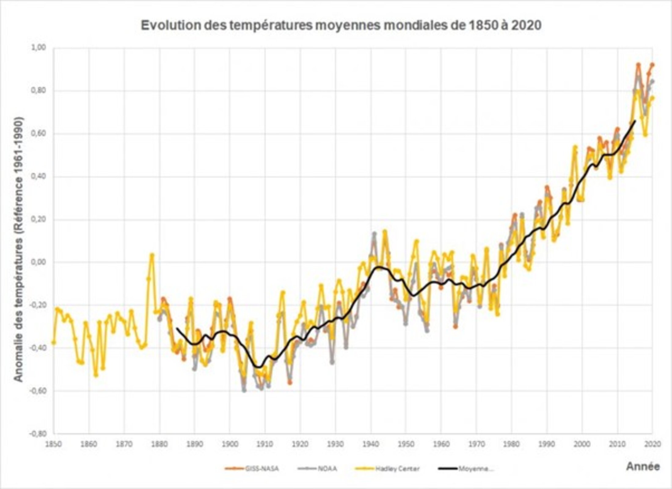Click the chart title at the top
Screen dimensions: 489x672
(341, 25)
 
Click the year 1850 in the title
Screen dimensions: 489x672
(483, 25)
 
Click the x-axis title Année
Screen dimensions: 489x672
(643, 466)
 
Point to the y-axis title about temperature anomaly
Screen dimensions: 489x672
(19, 249)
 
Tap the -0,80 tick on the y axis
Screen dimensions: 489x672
(37, 434)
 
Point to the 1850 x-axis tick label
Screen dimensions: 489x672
(53, 443)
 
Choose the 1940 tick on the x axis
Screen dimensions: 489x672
(371, 443)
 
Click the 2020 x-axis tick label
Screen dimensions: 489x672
(653, 443)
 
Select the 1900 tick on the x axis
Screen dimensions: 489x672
(230, 443)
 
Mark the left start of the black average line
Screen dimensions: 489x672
(177, 328)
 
